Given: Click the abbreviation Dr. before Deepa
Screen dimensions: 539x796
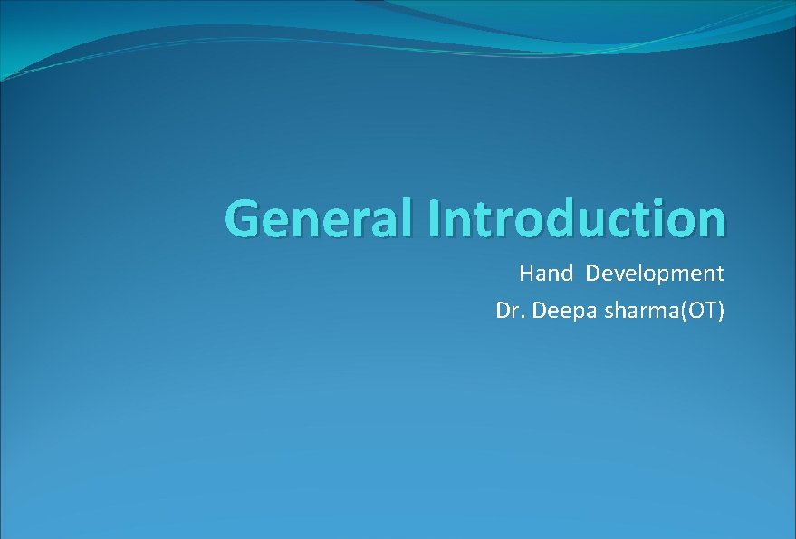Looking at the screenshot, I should (x=510, y=311).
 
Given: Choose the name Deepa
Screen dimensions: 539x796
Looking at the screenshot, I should (x=557, y=311).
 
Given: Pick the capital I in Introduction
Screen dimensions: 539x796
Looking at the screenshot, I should (x=436, y=218).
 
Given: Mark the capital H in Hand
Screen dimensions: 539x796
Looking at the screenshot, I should (x=526, y=273).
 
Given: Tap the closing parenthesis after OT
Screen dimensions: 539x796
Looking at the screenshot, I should (x=721, y=311).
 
